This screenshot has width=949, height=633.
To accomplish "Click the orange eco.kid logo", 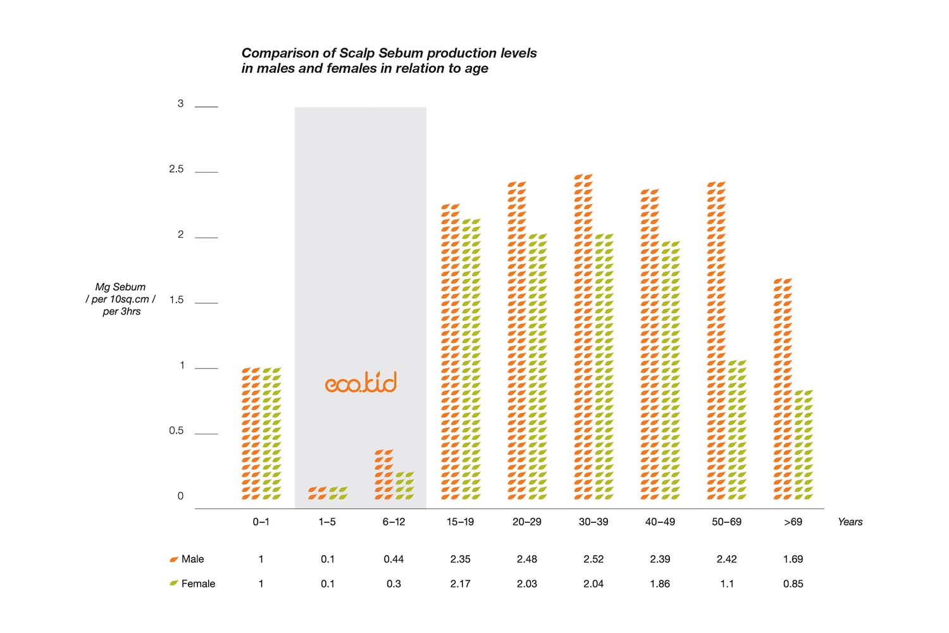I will (361, 382).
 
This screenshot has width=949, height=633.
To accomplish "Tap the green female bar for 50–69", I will (736, 430).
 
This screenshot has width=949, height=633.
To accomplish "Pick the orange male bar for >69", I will (783, 389).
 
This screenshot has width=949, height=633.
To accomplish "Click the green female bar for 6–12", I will (404, 486).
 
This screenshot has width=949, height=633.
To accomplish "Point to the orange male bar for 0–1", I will (251, 434).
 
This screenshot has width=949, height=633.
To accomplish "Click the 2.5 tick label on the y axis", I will (176, 169).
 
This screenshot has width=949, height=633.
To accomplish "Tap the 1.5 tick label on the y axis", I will (176, 300).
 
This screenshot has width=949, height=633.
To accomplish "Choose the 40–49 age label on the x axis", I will (660, 522).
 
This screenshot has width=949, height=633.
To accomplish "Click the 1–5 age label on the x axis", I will (327, 522).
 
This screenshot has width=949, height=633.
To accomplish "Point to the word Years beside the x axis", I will (850, 522).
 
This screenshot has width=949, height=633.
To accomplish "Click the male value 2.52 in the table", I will (593, 559).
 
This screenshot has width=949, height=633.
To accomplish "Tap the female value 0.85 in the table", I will (793, 584).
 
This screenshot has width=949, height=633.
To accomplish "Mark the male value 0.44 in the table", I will (394, 559).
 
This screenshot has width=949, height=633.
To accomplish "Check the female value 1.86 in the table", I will (660, 584).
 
